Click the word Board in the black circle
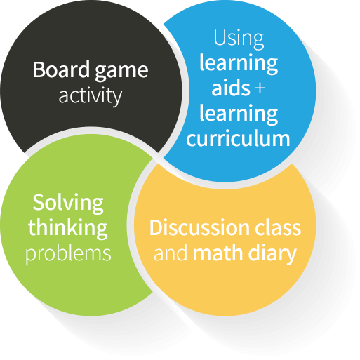pos(62,69)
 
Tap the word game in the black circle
pos(121,72)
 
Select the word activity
pos(91,96)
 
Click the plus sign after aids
pos(260,88)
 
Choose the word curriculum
pos(238,138)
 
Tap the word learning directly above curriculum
pos(239,114)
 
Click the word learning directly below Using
pos(239,63)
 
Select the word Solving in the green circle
pos(68,204)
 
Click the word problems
pos(68,254)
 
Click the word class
pos(278,227)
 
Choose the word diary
pos(272,254)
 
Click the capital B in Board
pos(39,69)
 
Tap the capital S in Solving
pos(39,202)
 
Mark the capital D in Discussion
pos(156,227)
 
